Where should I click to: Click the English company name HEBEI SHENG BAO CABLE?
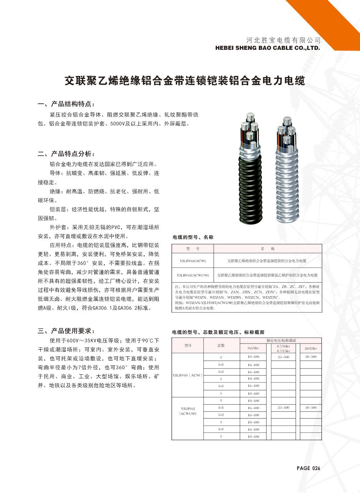[267, 48]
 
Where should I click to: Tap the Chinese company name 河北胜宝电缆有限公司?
[283, 40]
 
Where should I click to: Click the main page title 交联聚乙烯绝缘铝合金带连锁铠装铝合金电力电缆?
[185, 81]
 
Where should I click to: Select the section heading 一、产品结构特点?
[66, 104]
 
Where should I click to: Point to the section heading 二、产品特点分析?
[66, 154]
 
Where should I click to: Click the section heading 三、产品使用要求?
[66, 331]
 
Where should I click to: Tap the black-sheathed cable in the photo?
[250, 186]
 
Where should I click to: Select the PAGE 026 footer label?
[308, 468]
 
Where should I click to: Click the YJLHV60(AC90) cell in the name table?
[193, 261]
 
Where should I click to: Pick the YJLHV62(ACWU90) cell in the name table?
[193, 275]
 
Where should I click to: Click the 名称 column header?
[267, 249]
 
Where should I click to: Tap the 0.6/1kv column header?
[253, 348]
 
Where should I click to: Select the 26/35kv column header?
[311, 348]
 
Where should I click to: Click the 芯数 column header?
[221, 345]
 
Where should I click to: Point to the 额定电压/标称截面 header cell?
[281, 340]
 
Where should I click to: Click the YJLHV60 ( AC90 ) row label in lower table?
[188, 375]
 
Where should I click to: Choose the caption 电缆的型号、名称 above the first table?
[193, 237]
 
